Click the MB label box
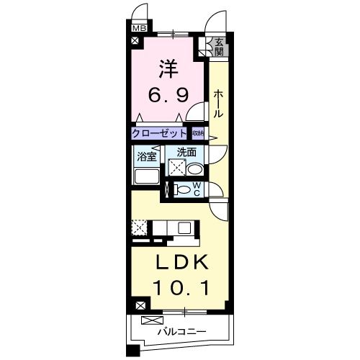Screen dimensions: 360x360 pyautogui.click(x=137, y=30)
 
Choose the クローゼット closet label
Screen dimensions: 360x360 pyautogui.click(x=159, y=133)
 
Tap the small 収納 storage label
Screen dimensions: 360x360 pyautogui.click(x=197, y=133)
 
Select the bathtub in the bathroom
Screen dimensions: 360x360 pyautogui.click(x=146, y=176)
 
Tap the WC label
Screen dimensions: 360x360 pyautogui.click(x=196, y=190)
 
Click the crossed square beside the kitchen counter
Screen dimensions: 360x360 pyautogui.click(x=140, y=228)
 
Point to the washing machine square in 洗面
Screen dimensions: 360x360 pyautogui.click(x=177, y=168)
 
